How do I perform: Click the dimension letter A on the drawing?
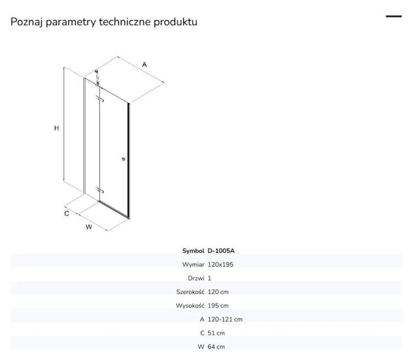point(144,65)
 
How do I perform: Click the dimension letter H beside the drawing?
point(57,128)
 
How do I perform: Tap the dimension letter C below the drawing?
point(66,213)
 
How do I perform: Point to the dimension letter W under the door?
point(89,227)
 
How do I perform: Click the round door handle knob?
point(124,159)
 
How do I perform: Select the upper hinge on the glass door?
point(99,98)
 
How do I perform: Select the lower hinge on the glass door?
point(99,190)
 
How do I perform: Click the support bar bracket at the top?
point(97,78)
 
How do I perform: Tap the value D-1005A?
point(221,251)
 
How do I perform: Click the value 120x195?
point(220,265)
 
